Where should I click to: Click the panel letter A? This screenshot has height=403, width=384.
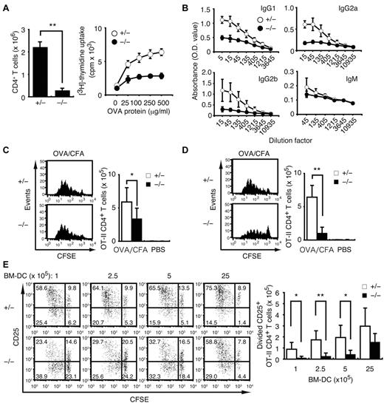(x=6, y=8)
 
